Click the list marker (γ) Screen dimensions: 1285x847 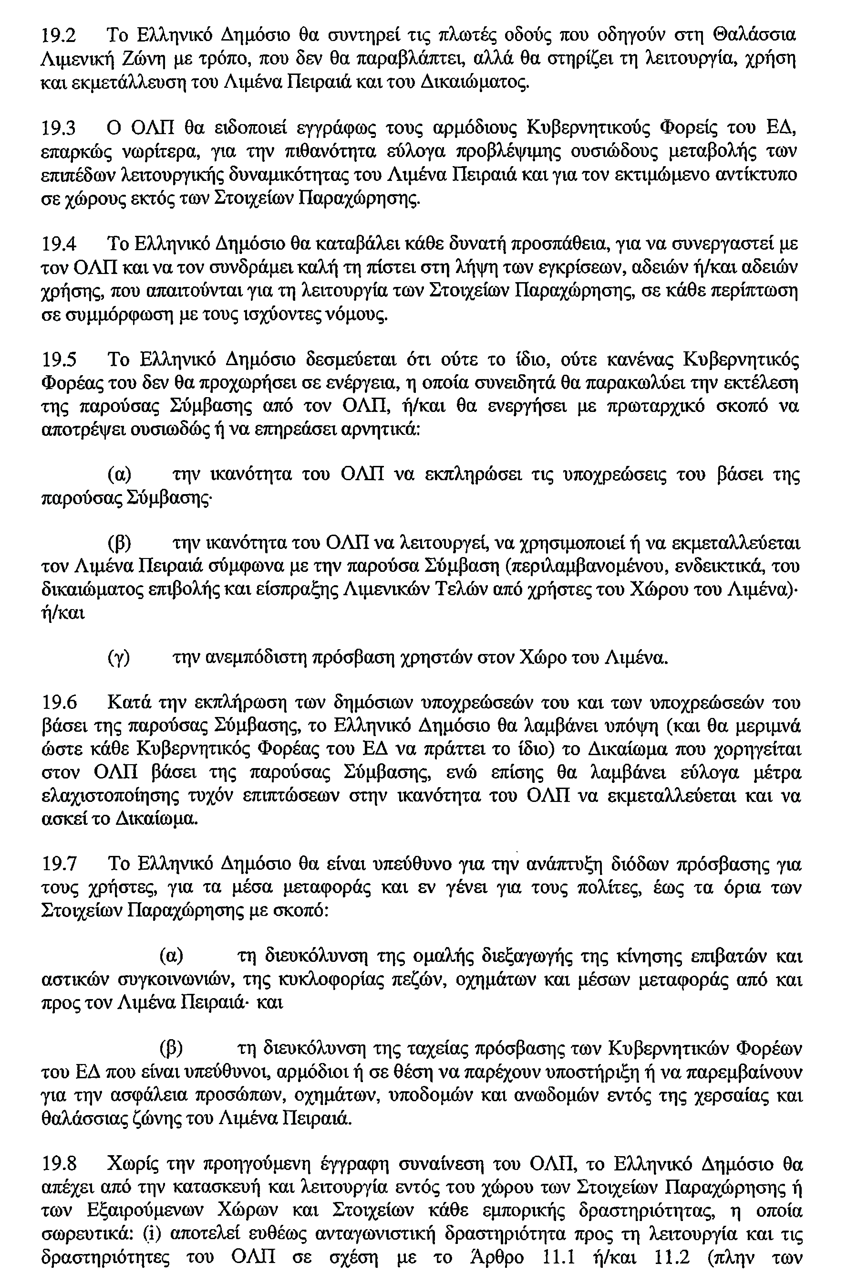pos(119,658)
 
